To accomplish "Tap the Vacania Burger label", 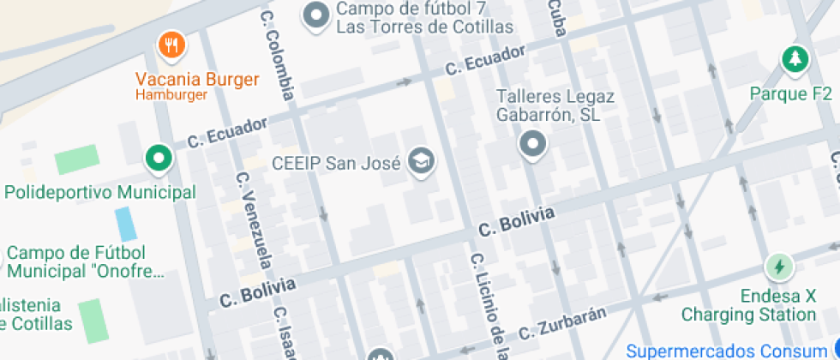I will pos(197,81).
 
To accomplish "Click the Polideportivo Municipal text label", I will pos(100,192).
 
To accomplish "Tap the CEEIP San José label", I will pos(336,162).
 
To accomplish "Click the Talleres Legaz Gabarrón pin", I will pos(533,144).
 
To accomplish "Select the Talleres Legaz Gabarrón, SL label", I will pos(555,105).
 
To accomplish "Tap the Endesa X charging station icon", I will pos(778,267).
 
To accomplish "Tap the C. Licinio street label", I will pos(486,304).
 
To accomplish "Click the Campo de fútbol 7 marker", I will pos(317,15).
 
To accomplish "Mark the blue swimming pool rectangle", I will pos(126,223).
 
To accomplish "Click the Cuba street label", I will pos(557,17).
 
